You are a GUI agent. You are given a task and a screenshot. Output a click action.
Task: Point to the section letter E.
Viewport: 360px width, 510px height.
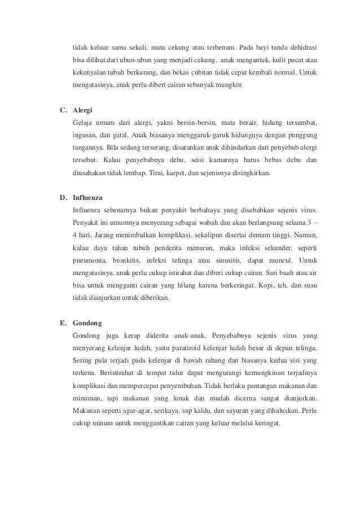[x=63, y=323]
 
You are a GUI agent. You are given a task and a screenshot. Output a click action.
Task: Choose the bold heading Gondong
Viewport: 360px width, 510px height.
[x=87, y=323]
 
